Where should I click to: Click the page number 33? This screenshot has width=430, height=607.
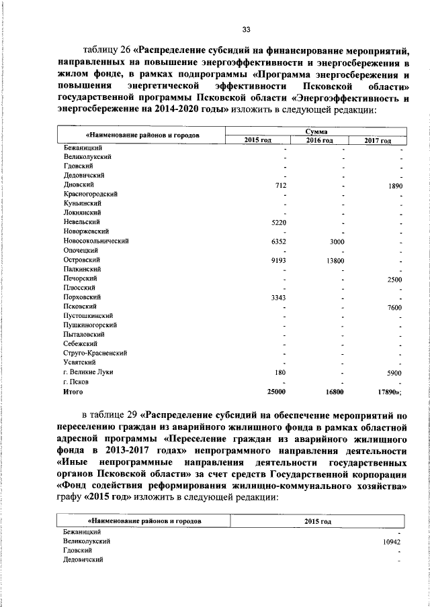coord(246,29)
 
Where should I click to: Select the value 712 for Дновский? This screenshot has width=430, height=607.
coord(282,184)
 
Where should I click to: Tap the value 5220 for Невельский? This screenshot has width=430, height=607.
coord(279,221)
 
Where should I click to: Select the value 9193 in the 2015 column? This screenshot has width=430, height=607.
coord(279,260)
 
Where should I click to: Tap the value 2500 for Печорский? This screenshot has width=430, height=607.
coord(391,278)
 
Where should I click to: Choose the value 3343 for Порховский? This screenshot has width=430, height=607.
coord(279,297)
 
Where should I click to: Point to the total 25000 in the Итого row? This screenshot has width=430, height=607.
coord(277,392)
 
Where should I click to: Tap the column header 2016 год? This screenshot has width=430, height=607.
coord(320,140)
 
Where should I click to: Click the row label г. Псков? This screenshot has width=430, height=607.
coord(77,382)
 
